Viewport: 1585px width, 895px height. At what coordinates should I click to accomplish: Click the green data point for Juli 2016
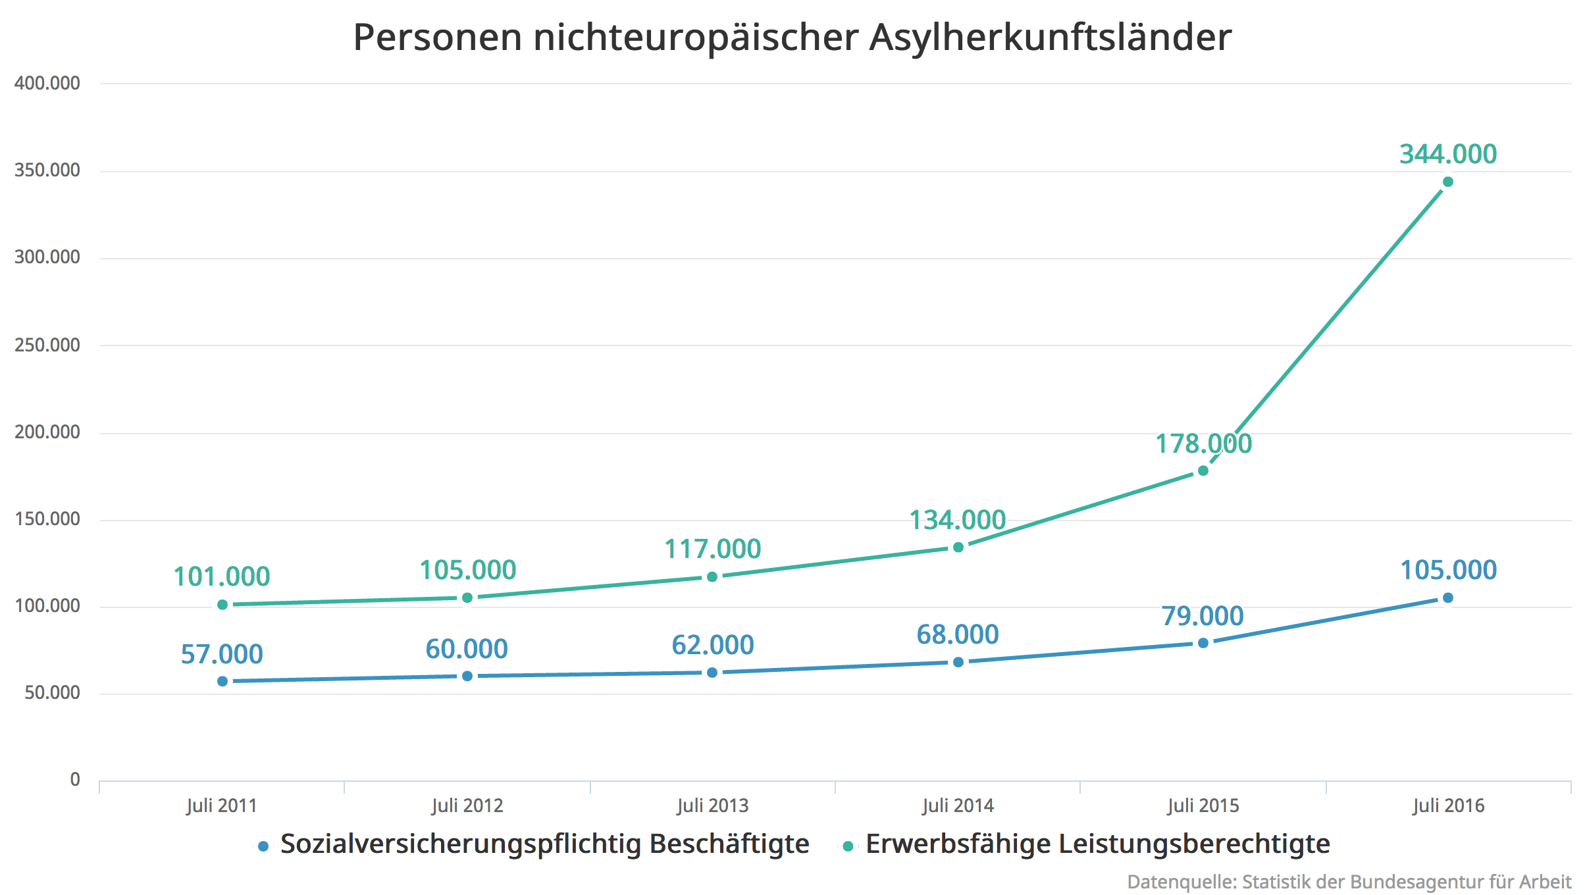pos(1447,182)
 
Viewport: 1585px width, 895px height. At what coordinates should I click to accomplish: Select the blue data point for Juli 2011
pos(222,681)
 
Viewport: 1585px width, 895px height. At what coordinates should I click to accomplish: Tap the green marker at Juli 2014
pos(958,548)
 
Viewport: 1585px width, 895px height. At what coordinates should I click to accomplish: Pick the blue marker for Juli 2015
pos(1203,643)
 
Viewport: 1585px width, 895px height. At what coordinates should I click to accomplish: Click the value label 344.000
pos(1448,154)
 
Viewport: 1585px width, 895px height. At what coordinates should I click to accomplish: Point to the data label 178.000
pos(1203,444)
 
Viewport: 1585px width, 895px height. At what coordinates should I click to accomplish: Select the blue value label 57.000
pos(222,654)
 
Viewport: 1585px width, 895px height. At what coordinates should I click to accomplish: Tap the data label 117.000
pos(712,549)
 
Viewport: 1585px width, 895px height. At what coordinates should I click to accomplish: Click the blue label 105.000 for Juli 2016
pos(1448,570)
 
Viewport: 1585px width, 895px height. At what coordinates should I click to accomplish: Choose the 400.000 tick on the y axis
pos(47,83)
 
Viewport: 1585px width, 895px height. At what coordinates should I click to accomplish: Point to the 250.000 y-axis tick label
pos(47,345)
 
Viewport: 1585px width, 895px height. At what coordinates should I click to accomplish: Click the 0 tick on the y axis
pos(75,780)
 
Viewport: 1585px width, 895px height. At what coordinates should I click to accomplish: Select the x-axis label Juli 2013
pos(713,805)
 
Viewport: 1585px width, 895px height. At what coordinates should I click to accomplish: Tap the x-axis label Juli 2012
pos(467,805)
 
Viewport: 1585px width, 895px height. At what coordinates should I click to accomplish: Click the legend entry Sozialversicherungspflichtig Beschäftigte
pos(544,844)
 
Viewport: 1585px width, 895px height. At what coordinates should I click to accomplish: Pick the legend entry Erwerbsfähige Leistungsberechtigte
pos(1097,844)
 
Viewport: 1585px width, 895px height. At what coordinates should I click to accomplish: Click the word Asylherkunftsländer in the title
pos(1050,37)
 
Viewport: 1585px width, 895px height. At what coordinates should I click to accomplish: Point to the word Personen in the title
pos(438,37)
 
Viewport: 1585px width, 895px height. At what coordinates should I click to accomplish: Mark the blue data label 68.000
pos(958,634)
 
